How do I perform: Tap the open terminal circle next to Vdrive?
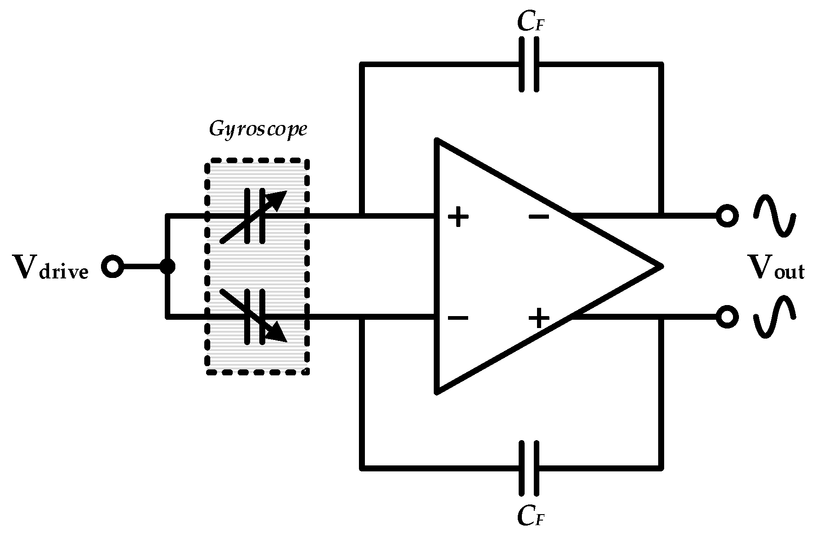[112, 266]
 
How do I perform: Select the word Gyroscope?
[257, 129]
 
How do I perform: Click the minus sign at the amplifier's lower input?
[458, 317]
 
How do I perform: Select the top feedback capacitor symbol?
[529, 65]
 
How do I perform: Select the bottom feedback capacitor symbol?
[529, 468]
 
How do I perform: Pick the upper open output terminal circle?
[727, 215]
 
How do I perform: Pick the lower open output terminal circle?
[727, 317]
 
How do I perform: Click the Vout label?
[776, 268]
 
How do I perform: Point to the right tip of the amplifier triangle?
[661, 266]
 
